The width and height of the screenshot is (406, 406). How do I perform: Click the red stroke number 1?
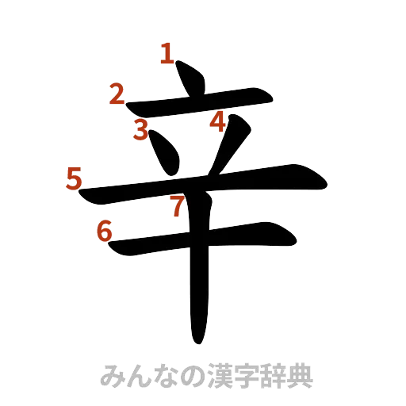(167, 54)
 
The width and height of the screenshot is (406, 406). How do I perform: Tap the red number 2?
(117, 96)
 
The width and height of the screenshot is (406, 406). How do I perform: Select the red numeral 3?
(141, 129)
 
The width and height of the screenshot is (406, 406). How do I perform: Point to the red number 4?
(218, 121)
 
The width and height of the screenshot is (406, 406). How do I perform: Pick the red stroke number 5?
(74, 178)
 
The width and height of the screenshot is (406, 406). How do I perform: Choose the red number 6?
(104, 230)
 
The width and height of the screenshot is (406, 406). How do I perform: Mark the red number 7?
(178, 208)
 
